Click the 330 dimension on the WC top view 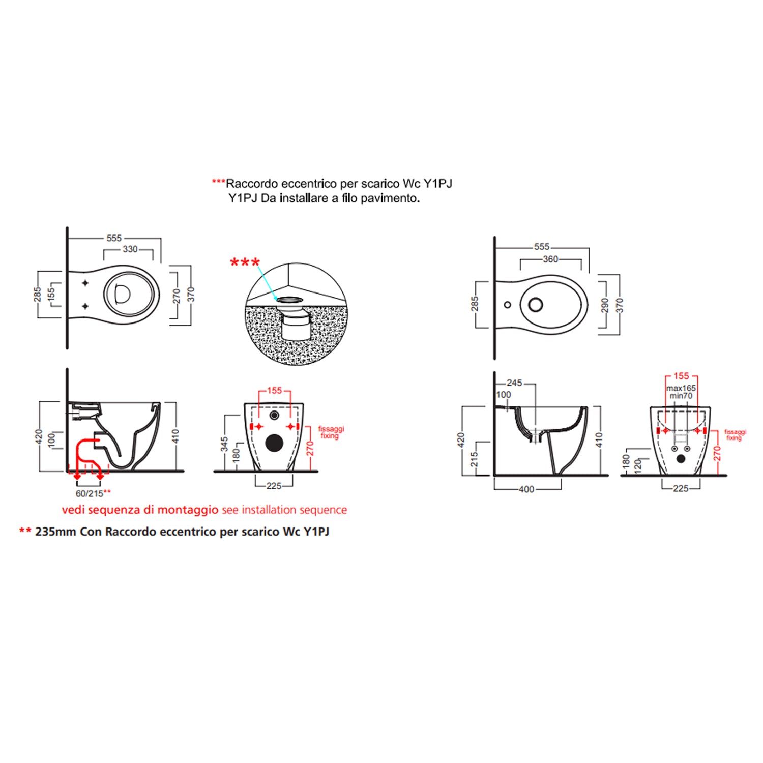click(x=130, y=249)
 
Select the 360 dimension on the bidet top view click(x=550, y=259)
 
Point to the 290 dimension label click(x=605, y=305)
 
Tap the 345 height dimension click(x=224, y=445)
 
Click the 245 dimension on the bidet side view click(x=514, y=383)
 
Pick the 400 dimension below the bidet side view click(x=526, y=489)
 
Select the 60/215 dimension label click(x=90, y=493)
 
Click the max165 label click(x=681, y=388)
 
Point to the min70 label click(x=681, y=396)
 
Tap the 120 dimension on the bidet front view click(x=638, y=464)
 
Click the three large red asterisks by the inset click(x=245, y=263)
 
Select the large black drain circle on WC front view click(x=274, y=443)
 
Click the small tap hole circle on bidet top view click(x=507, y=305)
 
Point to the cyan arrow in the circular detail click(x=267, y=283)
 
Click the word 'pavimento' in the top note click(x=390, y=198)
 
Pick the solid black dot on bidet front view click(x=681, y=459)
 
